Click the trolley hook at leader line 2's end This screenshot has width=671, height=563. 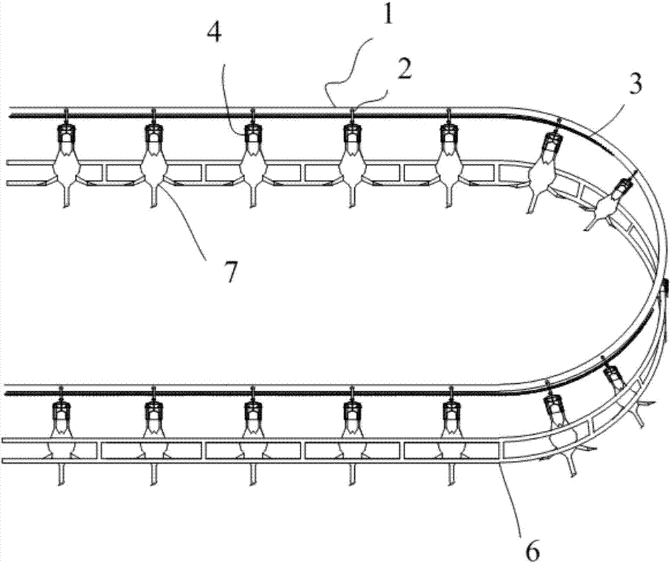pyautogui.click(x=350, y=114)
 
